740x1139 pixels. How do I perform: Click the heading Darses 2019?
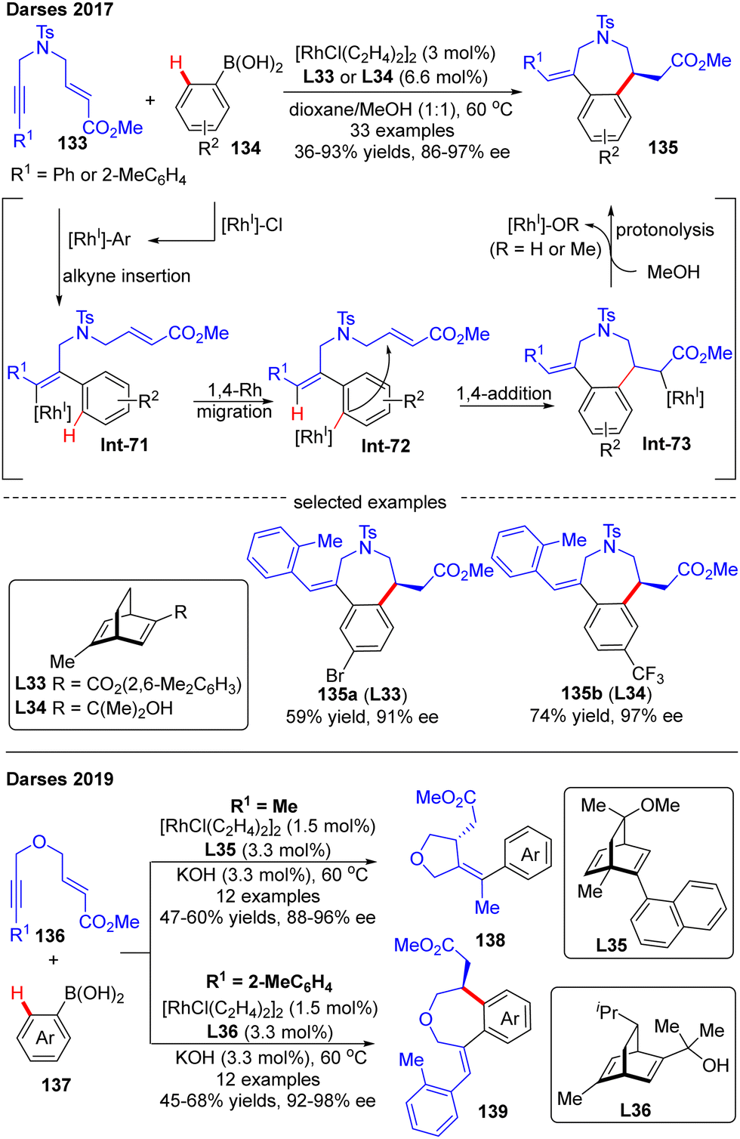pos(60,779)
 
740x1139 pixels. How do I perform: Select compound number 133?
pos(72,143)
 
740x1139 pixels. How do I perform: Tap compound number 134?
pos(246,148)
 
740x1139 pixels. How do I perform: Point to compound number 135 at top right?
pos(663,147)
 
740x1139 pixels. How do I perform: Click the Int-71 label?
pos(125,445)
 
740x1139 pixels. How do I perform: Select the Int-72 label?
pos(386,446)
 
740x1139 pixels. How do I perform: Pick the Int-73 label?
pos(666,443)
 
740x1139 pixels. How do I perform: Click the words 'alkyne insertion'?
pos(127,276)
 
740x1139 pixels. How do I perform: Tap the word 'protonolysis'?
pos(664,230)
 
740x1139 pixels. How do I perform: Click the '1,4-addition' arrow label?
pos(504,394)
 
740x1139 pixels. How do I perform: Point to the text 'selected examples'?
pos(370,502)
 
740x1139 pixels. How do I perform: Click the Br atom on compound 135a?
pos(335,674)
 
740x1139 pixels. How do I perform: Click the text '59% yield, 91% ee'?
pos(362,716)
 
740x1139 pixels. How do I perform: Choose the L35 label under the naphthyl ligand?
pos(611,944)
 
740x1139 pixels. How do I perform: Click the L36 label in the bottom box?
pos(635,1110)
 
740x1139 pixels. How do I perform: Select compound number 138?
pos(490,940)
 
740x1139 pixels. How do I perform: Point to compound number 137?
pos(56,1085)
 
